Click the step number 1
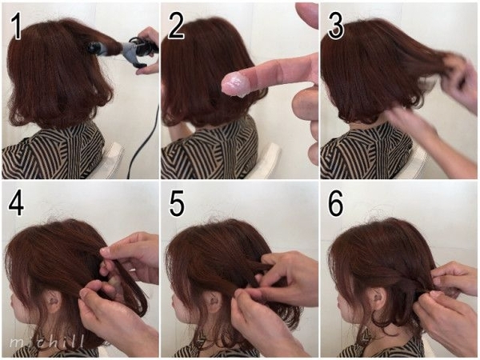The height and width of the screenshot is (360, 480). (16, 26)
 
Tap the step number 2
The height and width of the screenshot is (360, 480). (176, 26)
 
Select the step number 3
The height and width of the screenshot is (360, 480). (335, 26)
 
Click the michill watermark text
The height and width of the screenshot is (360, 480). (46, 342)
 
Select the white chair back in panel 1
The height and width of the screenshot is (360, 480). (109, 161)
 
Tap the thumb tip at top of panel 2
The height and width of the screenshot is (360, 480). (307, 14)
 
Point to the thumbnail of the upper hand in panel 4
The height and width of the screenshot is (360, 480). (105, 250)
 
